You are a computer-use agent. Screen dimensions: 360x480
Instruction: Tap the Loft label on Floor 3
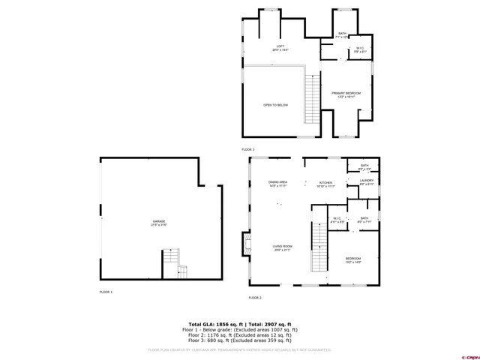(279, 47)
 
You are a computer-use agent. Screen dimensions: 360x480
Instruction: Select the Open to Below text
(275, 105)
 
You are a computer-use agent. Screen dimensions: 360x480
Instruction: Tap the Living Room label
(282, 247)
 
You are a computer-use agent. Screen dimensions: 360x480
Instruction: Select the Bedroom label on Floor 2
(352, 260)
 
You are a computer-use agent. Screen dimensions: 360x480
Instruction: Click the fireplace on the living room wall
(244, 244)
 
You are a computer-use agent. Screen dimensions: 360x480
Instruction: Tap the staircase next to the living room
(320, 250)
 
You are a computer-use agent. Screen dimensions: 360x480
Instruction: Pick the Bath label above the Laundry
(364, 166)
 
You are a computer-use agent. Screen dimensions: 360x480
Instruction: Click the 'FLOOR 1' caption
(106, 291)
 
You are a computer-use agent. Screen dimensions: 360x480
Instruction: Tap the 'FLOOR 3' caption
(248, 149)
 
